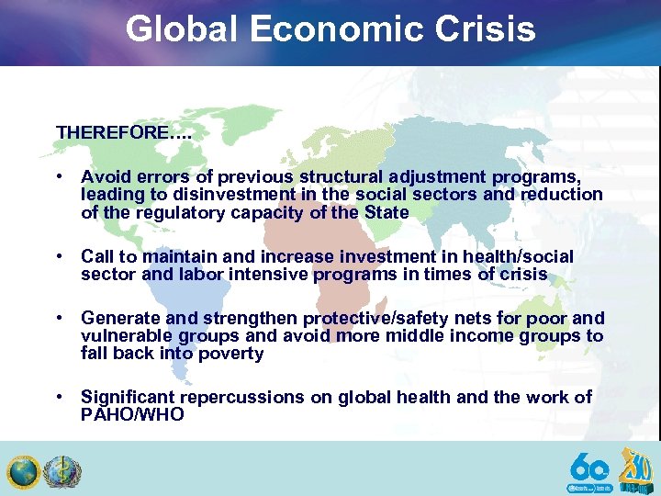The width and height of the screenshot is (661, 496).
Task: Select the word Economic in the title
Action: [x=327, y=29]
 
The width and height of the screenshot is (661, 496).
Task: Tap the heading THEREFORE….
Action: [x=124, y=132]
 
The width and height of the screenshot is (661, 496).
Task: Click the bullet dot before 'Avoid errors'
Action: [x=58, y=176]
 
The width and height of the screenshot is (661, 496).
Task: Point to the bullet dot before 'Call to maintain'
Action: [x=58, y=256]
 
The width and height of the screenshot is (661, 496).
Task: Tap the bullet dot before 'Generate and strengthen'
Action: [x=58, y=318]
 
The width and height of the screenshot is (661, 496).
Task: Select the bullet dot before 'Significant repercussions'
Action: [x=58, y=397]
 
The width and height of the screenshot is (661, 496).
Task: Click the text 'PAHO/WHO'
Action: [x=132, y=414]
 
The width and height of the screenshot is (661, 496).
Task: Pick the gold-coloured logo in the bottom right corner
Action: [x=636, y=468]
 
